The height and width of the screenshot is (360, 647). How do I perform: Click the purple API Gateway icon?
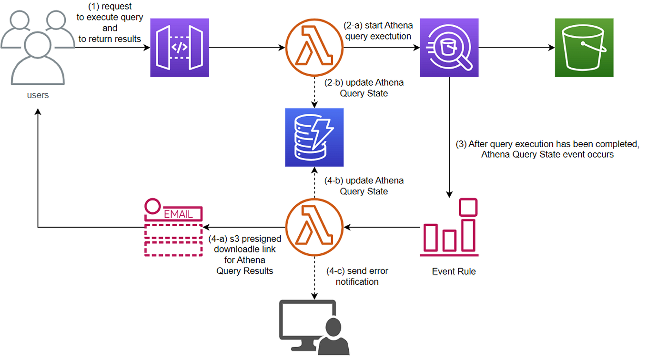point(180,48)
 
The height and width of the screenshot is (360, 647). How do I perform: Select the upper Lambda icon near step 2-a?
point(314,48)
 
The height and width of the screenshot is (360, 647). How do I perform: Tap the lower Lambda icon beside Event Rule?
point(314,227)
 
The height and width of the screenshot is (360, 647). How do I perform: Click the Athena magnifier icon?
point(449,48)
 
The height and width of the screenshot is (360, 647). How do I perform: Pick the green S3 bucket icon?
point(584,48)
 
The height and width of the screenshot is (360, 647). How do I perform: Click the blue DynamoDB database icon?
point(314,137)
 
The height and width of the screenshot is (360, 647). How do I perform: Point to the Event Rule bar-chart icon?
point(449,228)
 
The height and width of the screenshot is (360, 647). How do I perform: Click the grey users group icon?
point(38,45)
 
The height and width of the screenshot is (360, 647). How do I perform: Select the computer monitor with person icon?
point(314,326)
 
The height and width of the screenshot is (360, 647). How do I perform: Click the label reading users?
point(38,95)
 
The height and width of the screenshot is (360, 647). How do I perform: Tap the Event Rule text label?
point(454,271)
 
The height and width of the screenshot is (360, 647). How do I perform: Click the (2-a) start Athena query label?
point(378,30)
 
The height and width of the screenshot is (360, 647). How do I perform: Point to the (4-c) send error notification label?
point(357,276)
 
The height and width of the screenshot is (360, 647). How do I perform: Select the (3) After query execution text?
point(547,149)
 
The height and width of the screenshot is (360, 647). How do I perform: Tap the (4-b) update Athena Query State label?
point(364,186)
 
